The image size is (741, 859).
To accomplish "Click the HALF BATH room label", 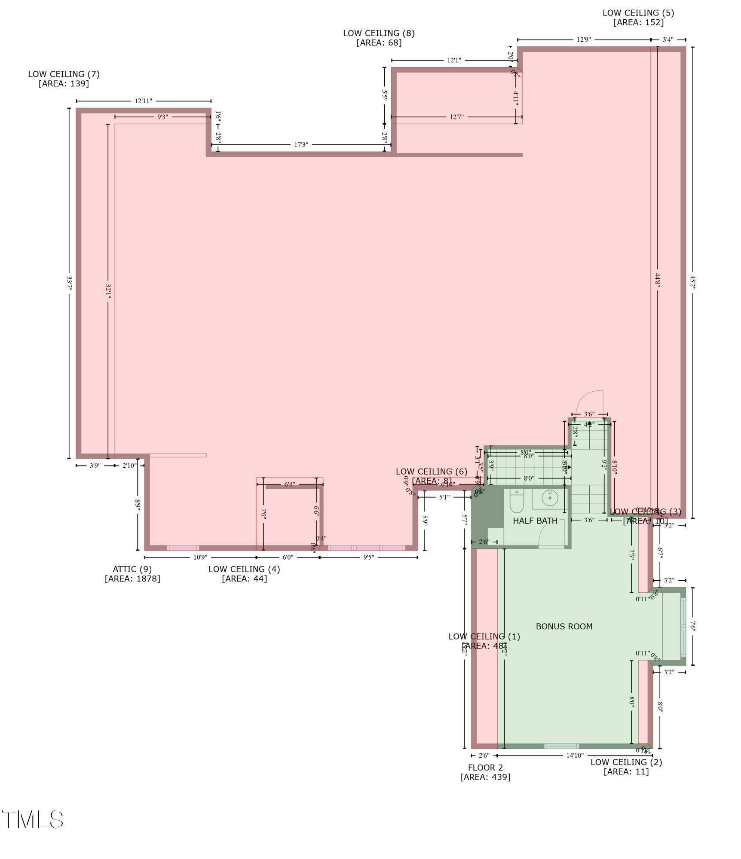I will [535, 521].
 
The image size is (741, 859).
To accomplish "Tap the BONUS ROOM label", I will [564, 627].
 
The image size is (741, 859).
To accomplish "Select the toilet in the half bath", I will [517, 501].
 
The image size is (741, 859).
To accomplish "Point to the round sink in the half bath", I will [550, 498].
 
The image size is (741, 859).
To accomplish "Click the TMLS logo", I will [33, 819].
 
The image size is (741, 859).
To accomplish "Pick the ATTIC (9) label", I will [132, 569].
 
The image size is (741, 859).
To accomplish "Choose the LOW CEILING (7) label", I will [64, 74].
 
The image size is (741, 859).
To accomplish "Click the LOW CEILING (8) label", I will [379, 33].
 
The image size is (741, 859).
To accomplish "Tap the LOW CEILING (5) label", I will [638, 13].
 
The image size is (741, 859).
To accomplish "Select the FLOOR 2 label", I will [485, 768].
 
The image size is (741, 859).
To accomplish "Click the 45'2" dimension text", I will [692, 282].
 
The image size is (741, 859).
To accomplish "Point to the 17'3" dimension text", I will [301, 145].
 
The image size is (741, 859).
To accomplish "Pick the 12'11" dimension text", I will [143, 101].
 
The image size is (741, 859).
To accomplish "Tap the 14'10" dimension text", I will [575, 755].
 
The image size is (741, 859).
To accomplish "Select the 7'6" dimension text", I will [692, 626].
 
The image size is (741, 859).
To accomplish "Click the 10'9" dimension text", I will [200, 557].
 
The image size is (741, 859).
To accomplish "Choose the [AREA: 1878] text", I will [132, 579].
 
